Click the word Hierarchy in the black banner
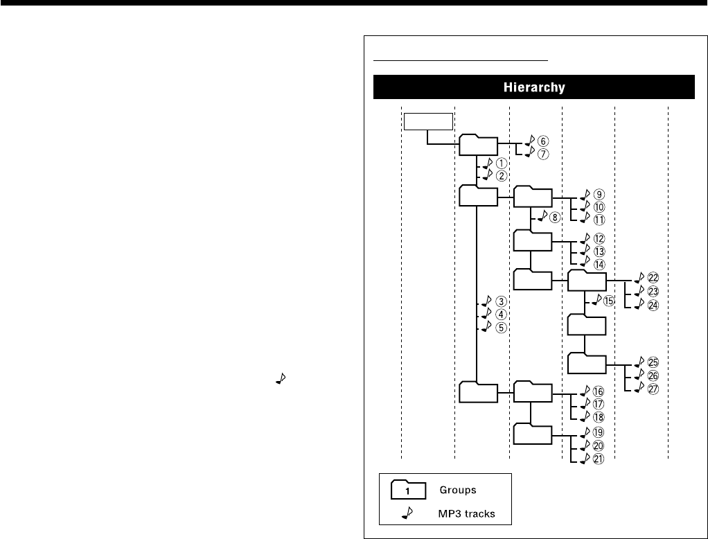click(x=533, y=88)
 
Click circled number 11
click(x=599, y=220)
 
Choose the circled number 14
click(x=599, y=264)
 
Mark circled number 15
click(x=608, y=301)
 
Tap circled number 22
click(x=653, y=279)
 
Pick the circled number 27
click(x=653, y=389)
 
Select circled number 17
click(x=599, y=404)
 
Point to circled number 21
click(x=599, y=459)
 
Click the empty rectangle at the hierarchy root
click(x=427, y=122)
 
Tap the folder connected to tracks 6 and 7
click(x=478, y=145)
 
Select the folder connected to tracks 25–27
click(x=587, y=364)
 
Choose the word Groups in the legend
click(x=458, y=490)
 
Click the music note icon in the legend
click(x=407, y=512)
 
